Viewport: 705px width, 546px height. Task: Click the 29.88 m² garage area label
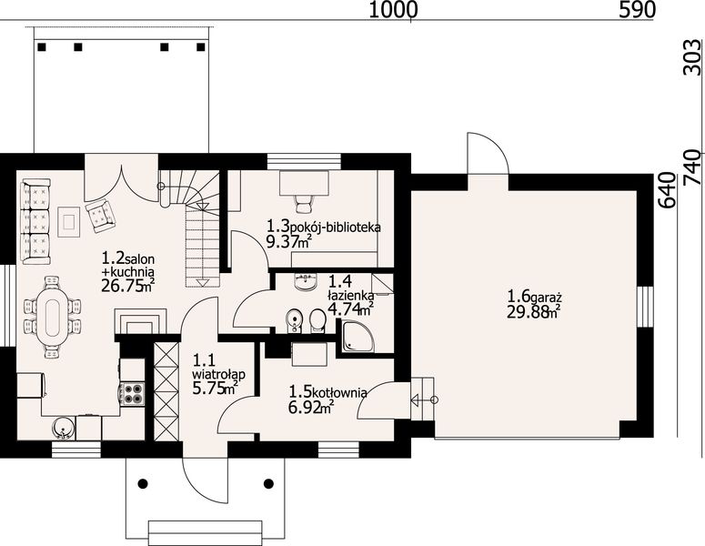tap(534, 311)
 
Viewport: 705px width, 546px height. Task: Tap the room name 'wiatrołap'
tap(218, 374)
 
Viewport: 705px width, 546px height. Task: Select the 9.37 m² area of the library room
tap(289, 242)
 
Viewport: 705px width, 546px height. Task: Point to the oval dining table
tap(52, 317)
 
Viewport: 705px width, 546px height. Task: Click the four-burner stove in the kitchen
tap(134, 393)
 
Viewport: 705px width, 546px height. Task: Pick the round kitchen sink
tap(63, 428)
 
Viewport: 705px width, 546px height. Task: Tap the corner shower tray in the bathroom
tap(357, 337)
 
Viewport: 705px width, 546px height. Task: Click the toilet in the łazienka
tap(317, 320)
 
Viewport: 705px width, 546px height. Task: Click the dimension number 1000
tap(393, 10)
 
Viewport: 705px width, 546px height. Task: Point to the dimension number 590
tap(637, 10)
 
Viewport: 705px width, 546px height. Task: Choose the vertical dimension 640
tap(668, 190)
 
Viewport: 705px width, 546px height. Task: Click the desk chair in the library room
tap(303, 203)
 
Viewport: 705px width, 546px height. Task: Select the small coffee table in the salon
tap(69, 221)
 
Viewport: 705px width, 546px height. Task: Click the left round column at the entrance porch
tap(143, 484)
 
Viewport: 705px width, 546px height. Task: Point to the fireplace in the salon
tap(140, 321)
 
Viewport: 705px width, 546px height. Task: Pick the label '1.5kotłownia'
tap(327, 391)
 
